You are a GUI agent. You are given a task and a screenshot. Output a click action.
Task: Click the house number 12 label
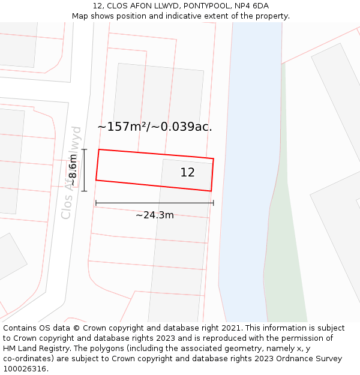187,173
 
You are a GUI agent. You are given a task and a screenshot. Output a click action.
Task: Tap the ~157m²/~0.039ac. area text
155,127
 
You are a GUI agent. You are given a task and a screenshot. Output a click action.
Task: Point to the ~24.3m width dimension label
155,215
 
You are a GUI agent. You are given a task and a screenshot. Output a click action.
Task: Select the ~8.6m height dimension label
72,170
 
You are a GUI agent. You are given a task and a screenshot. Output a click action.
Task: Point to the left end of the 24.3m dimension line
96,203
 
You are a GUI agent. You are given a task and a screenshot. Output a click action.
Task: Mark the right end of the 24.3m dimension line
214,203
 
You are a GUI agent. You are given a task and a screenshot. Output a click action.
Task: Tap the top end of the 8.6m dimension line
84,149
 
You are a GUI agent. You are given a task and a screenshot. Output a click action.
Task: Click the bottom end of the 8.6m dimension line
84,191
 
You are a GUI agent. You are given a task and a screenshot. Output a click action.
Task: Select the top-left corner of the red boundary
99,149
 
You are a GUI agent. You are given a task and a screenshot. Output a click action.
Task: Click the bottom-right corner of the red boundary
211,191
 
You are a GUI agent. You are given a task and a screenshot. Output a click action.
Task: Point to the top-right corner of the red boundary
214,159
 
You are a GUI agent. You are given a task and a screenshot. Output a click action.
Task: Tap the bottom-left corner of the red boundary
96,180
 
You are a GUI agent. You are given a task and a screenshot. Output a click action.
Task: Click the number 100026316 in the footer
24,368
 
